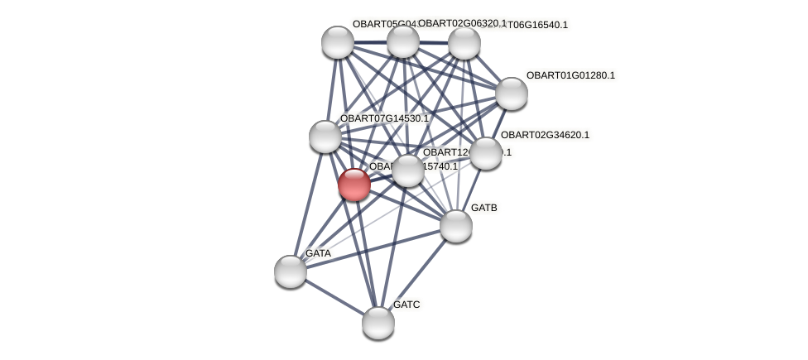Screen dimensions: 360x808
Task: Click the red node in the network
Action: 354,185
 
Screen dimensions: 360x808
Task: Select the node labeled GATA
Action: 291,271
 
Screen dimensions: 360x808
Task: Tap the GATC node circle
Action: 378,322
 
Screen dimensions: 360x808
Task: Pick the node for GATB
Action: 456,225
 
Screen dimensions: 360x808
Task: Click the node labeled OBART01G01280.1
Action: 512,93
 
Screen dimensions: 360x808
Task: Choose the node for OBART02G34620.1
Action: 486,152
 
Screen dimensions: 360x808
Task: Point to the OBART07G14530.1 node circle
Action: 325,137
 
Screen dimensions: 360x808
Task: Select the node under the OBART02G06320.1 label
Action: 403,41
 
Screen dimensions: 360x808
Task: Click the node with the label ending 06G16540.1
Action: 464,43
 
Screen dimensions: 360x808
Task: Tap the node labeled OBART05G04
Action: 338,42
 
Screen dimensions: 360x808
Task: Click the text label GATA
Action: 318,253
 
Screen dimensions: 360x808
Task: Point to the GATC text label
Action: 406,305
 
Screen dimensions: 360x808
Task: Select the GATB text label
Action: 484,208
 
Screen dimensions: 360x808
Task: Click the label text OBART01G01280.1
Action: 570,75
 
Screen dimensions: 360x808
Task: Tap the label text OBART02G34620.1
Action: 545,135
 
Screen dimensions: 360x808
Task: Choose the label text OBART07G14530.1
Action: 384,118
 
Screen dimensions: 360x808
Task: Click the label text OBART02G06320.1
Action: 462,23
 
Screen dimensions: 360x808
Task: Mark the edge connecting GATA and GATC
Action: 334,296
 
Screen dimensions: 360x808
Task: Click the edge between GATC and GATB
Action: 417,274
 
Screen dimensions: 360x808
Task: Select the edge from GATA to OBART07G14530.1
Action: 308,204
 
